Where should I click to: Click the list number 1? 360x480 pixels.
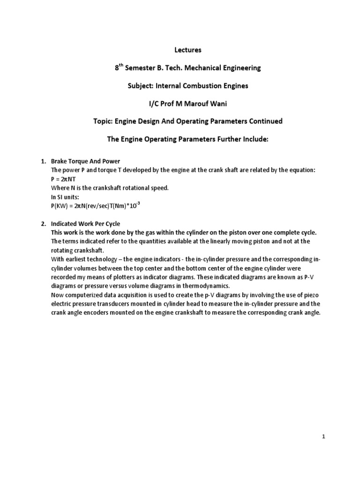click(x=40, y=162)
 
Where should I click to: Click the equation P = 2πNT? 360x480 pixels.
click(x=64, y=179)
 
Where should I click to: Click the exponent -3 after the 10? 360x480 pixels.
click(x=126, y=203)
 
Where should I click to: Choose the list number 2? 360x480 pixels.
click(x=40, y=224)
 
